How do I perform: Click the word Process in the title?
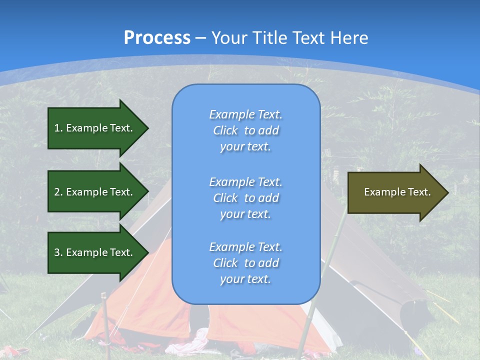[x=157, y=38]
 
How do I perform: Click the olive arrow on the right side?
[x=395, y=192]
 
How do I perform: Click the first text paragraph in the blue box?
[x=245, y=130]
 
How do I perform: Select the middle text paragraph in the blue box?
[x=245, y=198]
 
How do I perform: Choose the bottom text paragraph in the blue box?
[x=245, y=263]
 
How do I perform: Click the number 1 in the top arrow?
[x=57, y=128]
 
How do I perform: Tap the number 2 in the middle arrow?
[x=57, y=192]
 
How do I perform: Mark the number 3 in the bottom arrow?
[x=57, y=252]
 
